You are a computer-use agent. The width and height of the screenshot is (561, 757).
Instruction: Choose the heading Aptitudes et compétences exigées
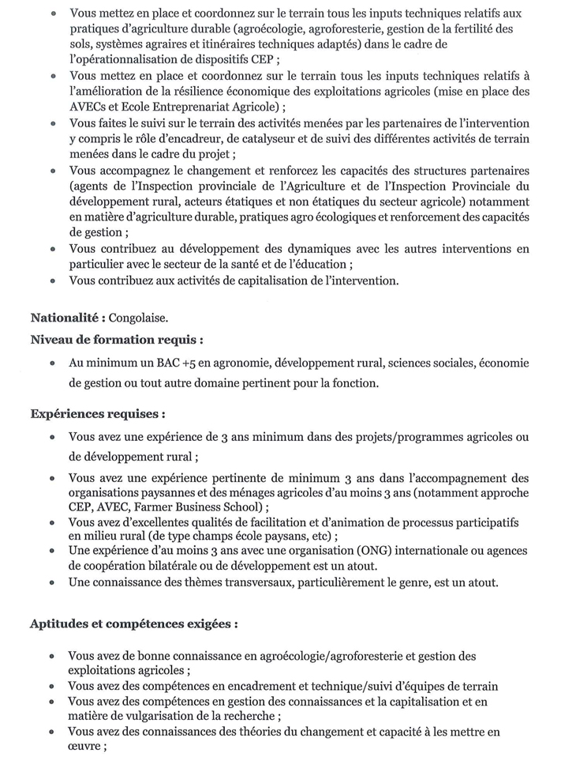134,623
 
